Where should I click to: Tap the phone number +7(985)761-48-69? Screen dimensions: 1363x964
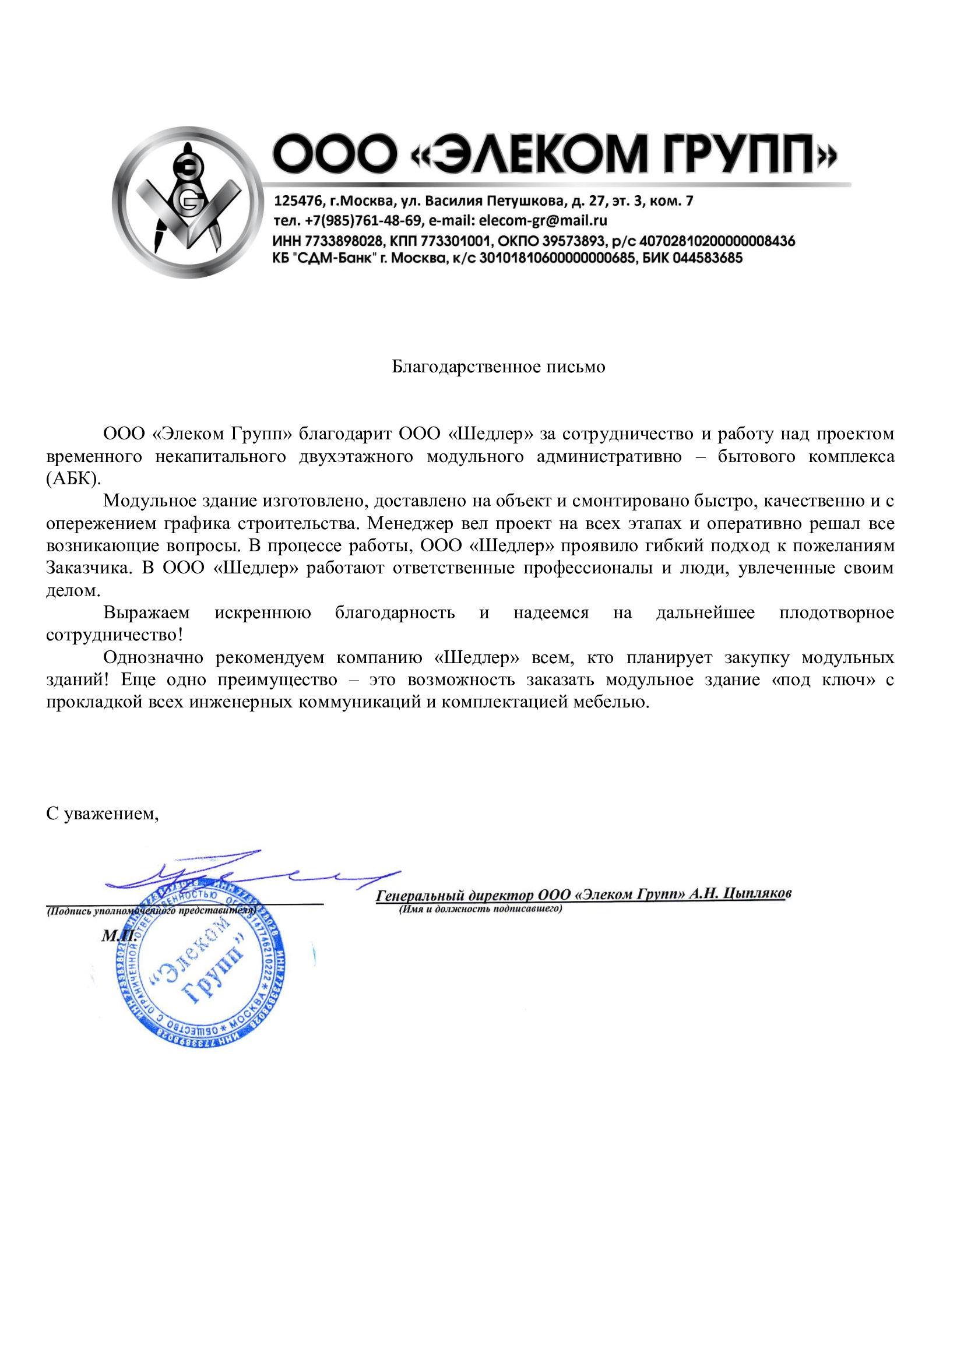pyautogui.click(x=363, y=221)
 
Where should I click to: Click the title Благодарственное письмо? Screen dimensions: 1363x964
pyautogui.click(x=498, y=367)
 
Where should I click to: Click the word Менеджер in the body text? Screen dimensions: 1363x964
pyautogui.click(x=413, y=524)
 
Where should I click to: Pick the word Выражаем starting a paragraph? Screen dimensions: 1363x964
pyautogui.click(x=147, y=612)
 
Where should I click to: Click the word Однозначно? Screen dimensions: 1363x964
pyautogui.click(x=153, y=658)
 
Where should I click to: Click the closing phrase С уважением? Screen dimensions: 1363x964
pyautogui.click(x=103, y=814)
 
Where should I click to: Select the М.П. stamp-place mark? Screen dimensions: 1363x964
pyautogui.click(x=119, y=936)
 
